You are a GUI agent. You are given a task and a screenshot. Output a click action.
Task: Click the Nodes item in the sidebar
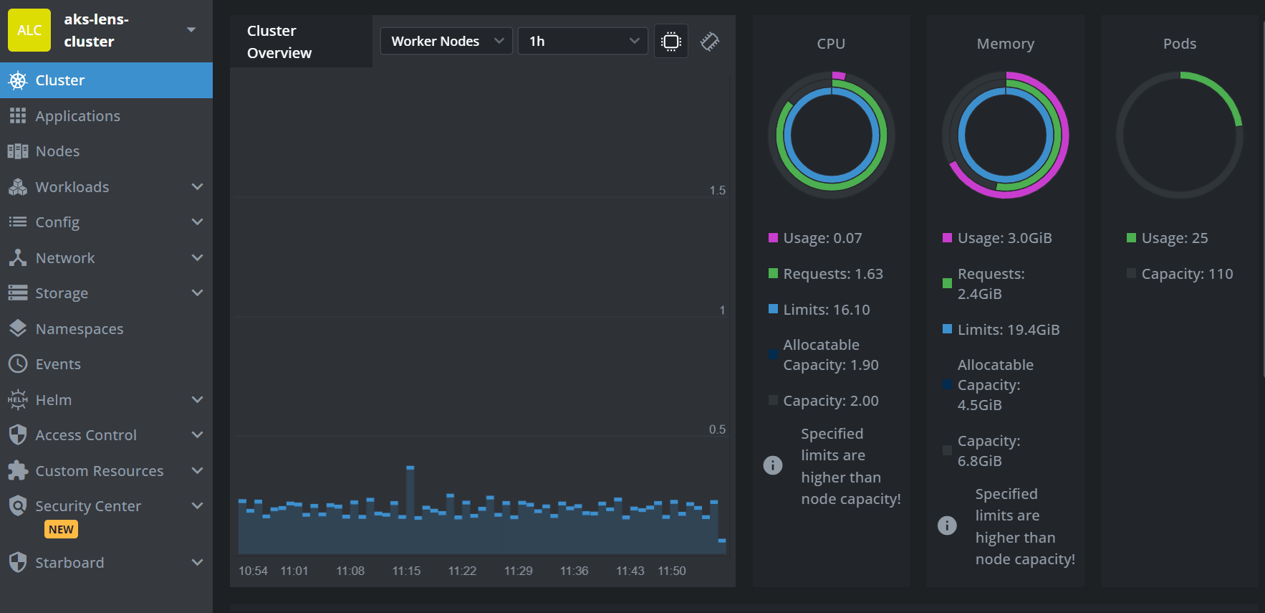coord(57,151)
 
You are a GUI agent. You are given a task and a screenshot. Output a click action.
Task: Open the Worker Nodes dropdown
coord(446,41)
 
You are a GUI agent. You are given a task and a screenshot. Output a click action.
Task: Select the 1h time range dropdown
coord(582,41)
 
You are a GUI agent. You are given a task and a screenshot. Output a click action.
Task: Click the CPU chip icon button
coord(671,42)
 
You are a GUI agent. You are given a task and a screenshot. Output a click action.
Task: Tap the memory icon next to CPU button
coord(710,42)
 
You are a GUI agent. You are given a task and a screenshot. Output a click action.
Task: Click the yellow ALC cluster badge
coord(29,30)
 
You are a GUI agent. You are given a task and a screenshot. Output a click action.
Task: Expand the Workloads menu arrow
coord(197,187)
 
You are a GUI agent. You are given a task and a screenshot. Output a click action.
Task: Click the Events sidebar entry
coord(58,364)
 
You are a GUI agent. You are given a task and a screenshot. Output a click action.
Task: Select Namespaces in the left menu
coord(79,329)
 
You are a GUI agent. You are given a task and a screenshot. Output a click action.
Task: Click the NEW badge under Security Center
coord(61,529)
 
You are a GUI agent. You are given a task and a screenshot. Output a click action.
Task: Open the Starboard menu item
coord(69,563)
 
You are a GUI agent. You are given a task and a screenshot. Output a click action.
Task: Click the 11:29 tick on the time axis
coord(518,571)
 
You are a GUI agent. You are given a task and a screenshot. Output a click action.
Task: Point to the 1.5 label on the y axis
coord(717,190)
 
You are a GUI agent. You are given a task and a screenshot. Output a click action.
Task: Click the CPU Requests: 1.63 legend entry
coord(832,274)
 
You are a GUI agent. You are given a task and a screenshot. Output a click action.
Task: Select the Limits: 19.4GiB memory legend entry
coord(1008,330)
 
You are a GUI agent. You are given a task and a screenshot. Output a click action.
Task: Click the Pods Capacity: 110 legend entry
coord(1186,274)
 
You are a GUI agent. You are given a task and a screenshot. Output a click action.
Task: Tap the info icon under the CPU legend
coord(773,465)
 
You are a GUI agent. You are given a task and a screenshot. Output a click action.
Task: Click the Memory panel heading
coord(1005,44)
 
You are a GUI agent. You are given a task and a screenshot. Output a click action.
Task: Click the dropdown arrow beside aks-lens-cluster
coord(191,30)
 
